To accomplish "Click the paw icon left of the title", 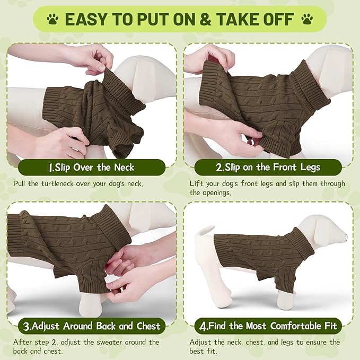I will (x=52, y=20).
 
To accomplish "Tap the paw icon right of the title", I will (x=307, y=20).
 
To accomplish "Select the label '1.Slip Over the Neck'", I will (x=91, y=168).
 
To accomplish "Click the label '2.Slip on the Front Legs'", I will (x=267, y=168).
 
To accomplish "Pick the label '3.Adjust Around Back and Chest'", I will (x=91, y=326).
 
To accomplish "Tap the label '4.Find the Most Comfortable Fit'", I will (x=267, y=326).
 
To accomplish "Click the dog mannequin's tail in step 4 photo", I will (x=204, y=231).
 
